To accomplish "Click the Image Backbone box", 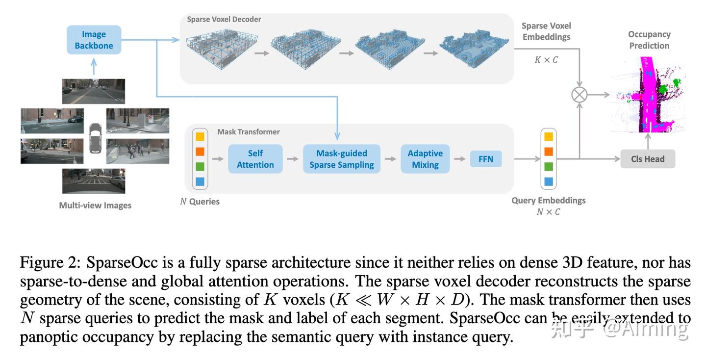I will click(x=94, y=40).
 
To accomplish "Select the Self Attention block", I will click(x=255, y=159).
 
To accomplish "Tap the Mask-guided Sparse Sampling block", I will click(x=341, y=159).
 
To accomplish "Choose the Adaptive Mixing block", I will click(x=425, y=159).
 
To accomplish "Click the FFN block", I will click(x=485, y=159).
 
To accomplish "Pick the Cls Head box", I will click(x=647, y=159).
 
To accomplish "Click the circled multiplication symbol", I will click(x=580, y=94).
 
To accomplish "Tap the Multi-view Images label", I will click(x=95, y=206).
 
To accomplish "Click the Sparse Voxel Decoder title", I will click(x=224, y=19).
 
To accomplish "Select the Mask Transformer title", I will click(x=248, y=132).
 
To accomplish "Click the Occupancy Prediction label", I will click(x=649, y=40).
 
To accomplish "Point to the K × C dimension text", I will click(x=546, y=60).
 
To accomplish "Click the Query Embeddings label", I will click(x=548, y=201).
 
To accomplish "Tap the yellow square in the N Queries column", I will click(x=200, y=136).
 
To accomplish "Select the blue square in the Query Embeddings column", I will click(x=548, y=181).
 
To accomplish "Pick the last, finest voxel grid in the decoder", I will click(x=471, y=51).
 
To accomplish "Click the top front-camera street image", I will click(x=94, y=92).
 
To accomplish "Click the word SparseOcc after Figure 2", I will click(x=122, y=263).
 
